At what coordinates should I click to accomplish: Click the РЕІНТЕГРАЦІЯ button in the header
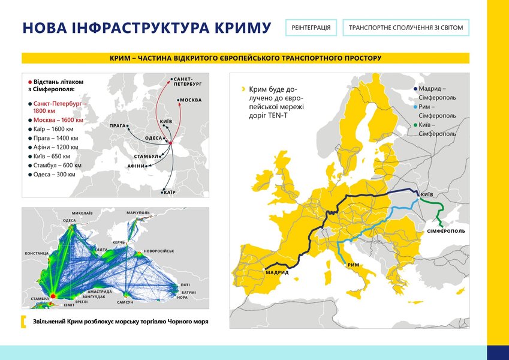[x=311, y=28]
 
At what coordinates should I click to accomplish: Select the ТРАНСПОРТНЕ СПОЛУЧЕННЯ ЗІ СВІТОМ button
[x=406, y=28]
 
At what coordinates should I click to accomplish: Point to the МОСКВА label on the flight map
[x=191, y=100]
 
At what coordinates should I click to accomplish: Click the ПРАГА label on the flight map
[x=118, y=126]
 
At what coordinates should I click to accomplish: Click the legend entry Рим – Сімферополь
[x=437, y=111]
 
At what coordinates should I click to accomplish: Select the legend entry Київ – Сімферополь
[x=437, y=129]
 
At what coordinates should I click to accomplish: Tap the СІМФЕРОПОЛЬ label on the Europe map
[x=445, y=231]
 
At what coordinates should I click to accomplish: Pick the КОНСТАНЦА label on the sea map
[x=37, y=253]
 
